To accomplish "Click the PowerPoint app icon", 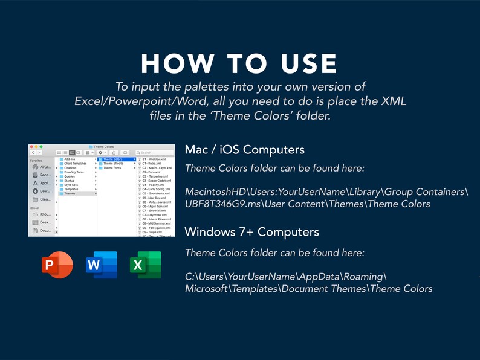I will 57,265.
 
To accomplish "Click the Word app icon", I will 101,265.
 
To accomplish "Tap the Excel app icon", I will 145,265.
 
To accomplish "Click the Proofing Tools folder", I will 74,172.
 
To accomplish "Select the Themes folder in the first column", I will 70,193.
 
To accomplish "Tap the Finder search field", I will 157,153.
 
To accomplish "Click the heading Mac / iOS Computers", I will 244,150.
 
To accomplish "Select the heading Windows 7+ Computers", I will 251,232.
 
